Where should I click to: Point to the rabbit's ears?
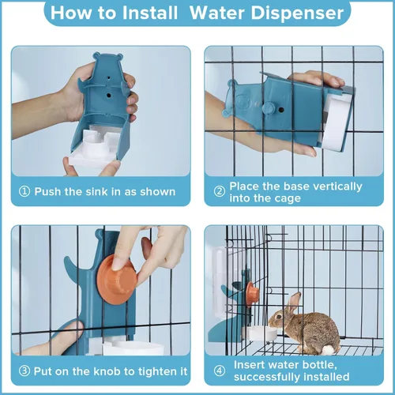tap(293, 302)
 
